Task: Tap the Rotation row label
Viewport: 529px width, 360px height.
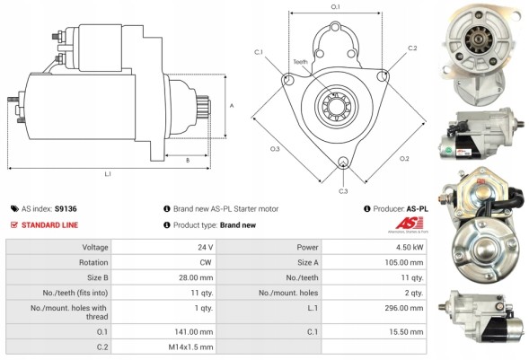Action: click(x=95, y=262)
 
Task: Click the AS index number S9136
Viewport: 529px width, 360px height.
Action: click(x=66, y=208)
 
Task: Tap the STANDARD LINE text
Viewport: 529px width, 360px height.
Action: click(x=49, y=224)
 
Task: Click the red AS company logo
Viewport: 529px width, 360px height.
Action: click(x=409, y=225)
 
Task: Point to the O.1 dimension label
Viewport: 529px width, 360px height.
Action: click(x=335, y=7)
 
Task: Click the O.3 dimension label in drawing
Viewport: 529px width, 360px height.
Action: click(x=275, y=148)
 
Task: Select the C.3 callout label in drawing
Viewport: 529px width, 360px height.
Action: click(x=343, y=191)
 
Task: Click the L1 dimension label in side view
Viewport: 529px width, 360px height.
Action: click(x=108, y=174)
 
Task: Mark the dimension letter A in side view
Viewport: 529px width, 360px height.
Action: click(x=232, y=106)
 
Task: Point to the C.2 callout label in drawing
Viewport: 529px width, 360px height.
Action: click(x=412, y=48)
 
